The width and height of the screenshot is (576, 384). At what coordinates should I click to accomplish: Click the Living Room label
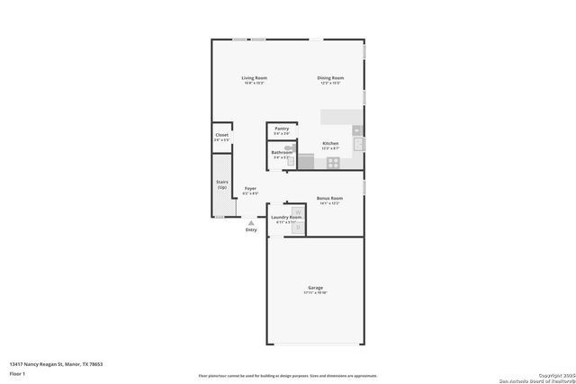click(x=254, y=78)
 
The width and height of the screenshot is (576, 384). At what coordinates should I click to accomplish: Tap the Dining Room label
click(x=330, y=78)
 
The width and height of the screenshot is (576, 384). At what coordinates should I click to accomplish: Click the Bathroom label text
click(x=283, y=152)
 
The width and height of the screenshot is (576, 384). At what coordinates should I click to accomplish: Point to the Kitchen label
click(x=330, y=143)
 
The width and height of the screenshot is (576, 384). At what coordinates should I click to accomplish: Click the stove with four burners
click(x=333, y=163)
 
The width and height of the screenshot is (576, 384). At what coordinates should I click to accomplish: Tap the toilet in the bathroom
click(x=290, y=162)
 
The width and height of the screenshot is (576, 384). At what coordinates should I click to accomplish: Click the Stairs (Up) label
click(x=221, y=184)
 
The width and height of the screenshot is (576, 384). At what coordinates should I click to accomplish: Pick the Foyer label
click(x=250, y=189)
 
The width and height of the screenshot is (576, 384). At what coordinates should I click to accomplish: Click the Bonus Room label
click(x=329, y=198)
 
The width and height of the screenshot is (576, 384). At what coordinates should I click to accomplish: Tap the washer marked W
click(x=298, y=213)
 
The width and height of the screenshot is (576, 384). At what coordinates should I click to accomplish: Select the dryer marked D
click(x=298, y=228)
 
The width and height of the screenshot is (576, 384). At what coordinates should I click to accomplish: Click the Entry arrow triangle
click(x=251, y=222)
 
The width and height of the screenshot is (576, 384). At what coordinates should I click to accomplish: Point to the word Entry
click(x=251, y=229)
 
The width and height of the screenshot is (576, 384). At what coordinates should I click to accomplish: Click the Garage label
click(x=315, y=289)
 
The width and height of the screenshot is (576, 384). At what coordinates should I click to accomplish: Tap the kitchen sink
click(x=357, y=144)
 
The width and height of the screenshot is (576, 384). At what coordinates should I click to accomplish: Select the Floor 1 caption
click(x=18, y=372)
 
